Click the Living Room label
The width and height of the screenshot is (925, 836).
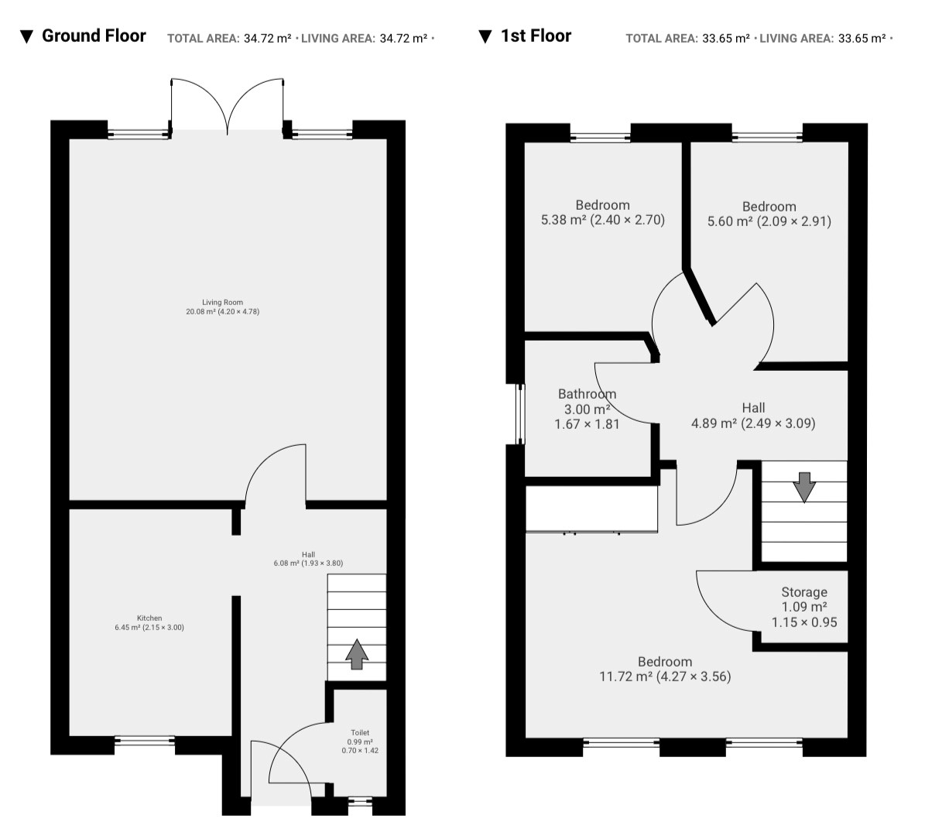(222, 307)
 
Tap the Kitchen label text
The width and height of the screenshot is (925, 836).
(149, 622)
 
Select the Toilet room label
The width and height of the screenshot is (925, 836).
(360, 742)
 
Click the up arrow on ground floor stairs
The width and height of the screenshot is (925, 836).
(357, 653)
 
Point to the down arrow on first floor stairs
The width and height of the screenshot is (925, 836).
(804, 488)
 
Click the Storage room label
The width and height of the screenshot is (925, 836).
(804, 607)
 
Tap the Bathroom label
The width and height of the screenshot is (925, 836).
(587, 409)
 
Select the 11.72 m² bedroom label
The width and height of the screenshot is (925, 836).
(665, 669)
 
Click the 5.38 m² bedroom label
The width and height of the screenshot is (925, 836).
(602, 212)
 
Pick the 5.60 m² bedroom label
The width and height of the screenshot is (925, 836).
(769, 214)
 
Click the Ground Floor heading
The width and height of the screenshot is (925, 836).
(94, 36)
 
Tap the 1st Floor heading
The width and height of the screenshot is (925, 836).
(536, 36)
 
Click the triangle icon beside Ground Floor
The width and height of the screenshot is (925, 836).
(26, 37)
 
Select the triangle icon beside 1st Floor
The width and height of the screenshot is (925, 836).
(485, 37)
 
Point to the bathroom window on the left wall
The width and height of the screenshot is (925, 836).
(519, 414)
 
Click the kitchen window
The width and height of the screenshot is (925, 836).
(145, 741)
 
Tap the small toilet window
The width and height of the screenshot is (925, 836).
(360, 801)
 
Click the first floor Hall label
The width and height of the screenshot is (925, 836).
(753, 416)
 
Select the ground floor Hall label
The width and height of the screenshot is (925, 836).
(308, 559)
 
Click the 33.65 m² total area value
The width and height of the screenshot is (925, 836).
(725, 39)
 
